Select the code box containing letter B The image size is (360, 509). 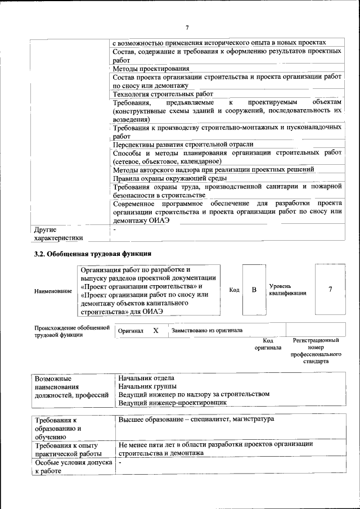pyautogui.click(x=254, y=290)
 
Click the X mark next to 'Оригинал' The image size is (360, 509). pyautogui.click(x=156, y=331)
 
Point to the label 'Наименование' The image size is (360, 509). pyautogui.click(x=53, y=291)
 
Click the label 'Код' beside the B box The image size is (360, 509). pyautogui.click(x=235, y=290)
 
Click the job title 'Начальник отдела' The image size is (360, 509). pyautogui.click(x=146, y=378)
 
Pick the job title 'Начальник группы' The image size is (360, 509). pyautogui.click(x=147, y=386)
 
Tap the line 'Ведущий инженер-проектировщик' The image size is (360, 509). pyautogui.click(x=172, y=403)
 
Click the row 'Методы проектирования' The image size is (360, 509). pyautogui.click(x=147, y=69)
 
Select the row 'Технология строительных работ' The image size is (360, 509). pyautogui.click(x=163, y=94)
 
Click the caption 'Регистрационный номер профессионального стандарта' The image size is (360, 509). pyautogui.click(x=316, y=351)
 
